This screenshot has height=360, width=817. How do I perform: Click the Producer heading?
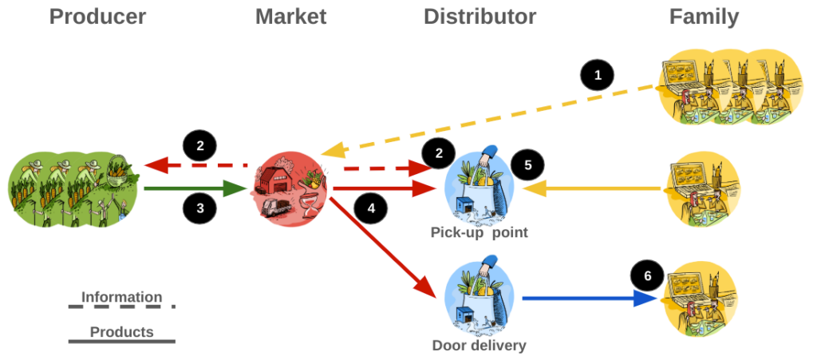pos(98,17)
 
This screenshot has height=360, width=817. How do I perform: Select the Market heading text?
pos(291,17)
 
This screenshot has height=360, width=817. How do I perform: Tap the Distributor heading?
pos(480,17)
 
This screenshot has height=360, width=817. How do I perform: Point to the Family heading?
pos(705,17)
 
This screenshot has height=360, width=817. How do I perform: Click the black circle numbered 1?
pos(597,77)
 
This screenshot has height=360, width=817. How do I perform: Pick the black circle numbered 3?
pos(199,209)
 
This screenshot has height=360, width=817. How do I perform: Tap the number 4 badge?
pos(370,209)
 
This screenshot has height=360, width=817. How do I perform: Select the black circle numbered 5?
pos(527,165)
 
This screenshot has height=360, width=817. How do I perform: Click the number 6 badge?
pos(647,275)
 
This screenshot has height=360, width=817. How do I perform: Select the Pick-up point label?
pos(480,233)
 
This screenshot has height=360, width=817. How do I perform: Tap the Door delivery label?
pos(480,346)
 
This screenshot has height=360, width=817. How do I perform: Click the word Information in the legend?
pos(121,297)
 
